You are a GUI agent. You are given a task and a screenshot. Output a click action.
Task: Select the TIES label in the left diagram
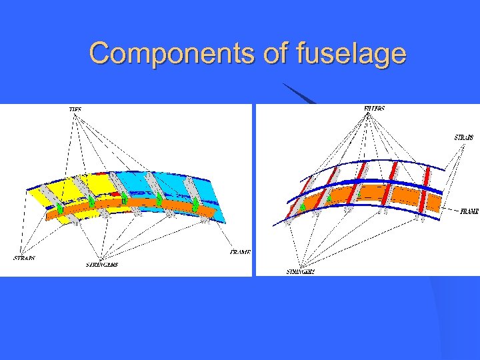point(75,109)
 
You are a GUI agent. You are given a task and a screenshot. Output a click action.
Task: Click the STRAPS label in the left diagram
point(24,257)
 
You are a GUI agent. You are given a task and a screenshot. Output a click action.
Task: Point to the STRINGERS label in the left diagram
point(102,265)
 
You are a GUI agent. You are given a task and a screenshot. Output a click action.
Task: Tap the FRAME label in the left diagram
point(239,253)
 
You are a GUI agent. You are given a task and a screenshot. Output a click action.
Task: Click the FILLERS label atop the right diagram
point(374,108)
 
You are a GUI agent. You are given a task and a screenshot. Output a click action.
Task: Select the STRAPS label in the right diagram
point(464,137)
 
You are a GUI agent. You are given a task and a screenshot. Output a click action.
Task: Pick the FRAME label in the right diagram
point(469,211)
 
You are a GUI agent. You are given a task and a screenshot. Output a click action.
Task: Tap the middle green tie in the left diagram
point(124,199)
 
